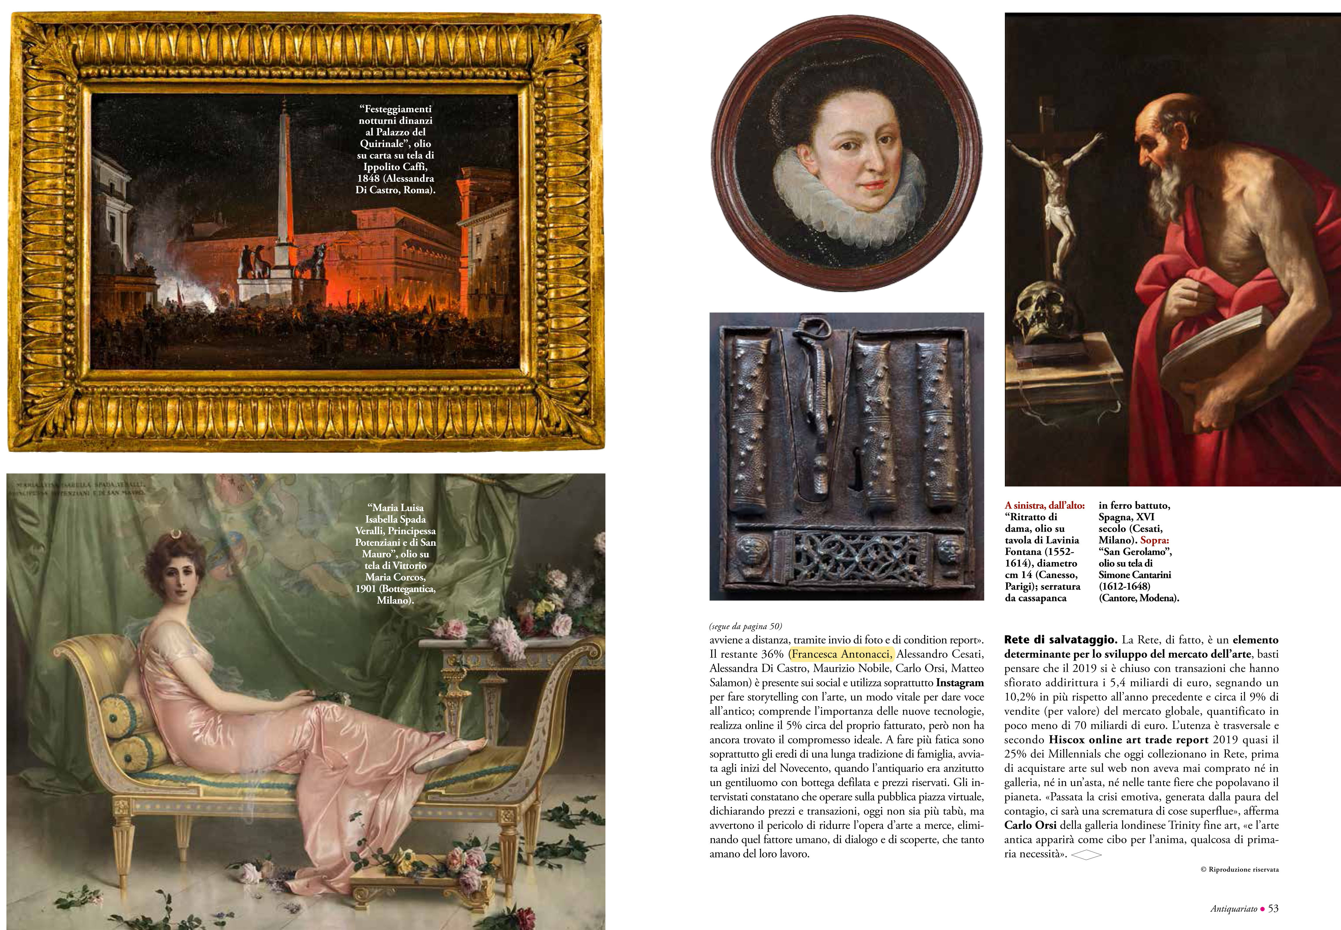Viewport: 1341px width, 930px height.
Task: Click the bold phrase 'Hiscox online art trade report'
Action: [x=1128, y=740]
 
